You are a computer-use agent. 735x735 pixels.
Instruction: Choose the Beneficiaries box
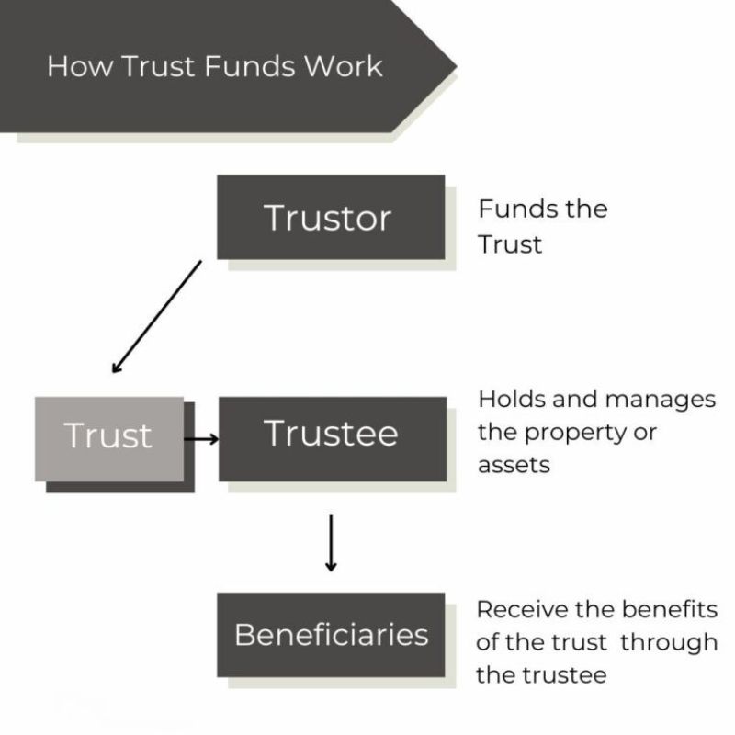[x=331, y=635]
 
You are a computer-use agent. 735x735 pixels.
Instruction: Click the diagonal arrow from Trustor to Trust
[x=156, y=316]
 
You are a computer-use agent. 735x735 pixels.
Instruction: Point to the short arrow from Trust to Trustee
[x=201, y=439]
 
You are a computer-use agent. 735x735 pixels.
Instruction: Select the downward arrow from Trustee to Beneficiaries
[x=331, y=543]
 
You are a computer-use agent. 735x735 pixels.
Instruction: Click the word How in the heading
[x=73, y=66]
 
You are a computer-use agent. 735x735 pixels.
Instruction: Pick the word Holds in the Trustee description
[x=506, y=400]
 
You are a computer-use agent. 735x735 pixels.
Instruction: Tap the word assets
[x=514, y=465]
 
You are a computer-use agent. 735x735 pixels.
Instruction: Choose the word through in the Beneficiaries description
[x=669, y=641]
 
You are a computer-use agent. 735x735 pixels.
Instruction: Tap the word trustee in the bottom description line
[x=566, y=674]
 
